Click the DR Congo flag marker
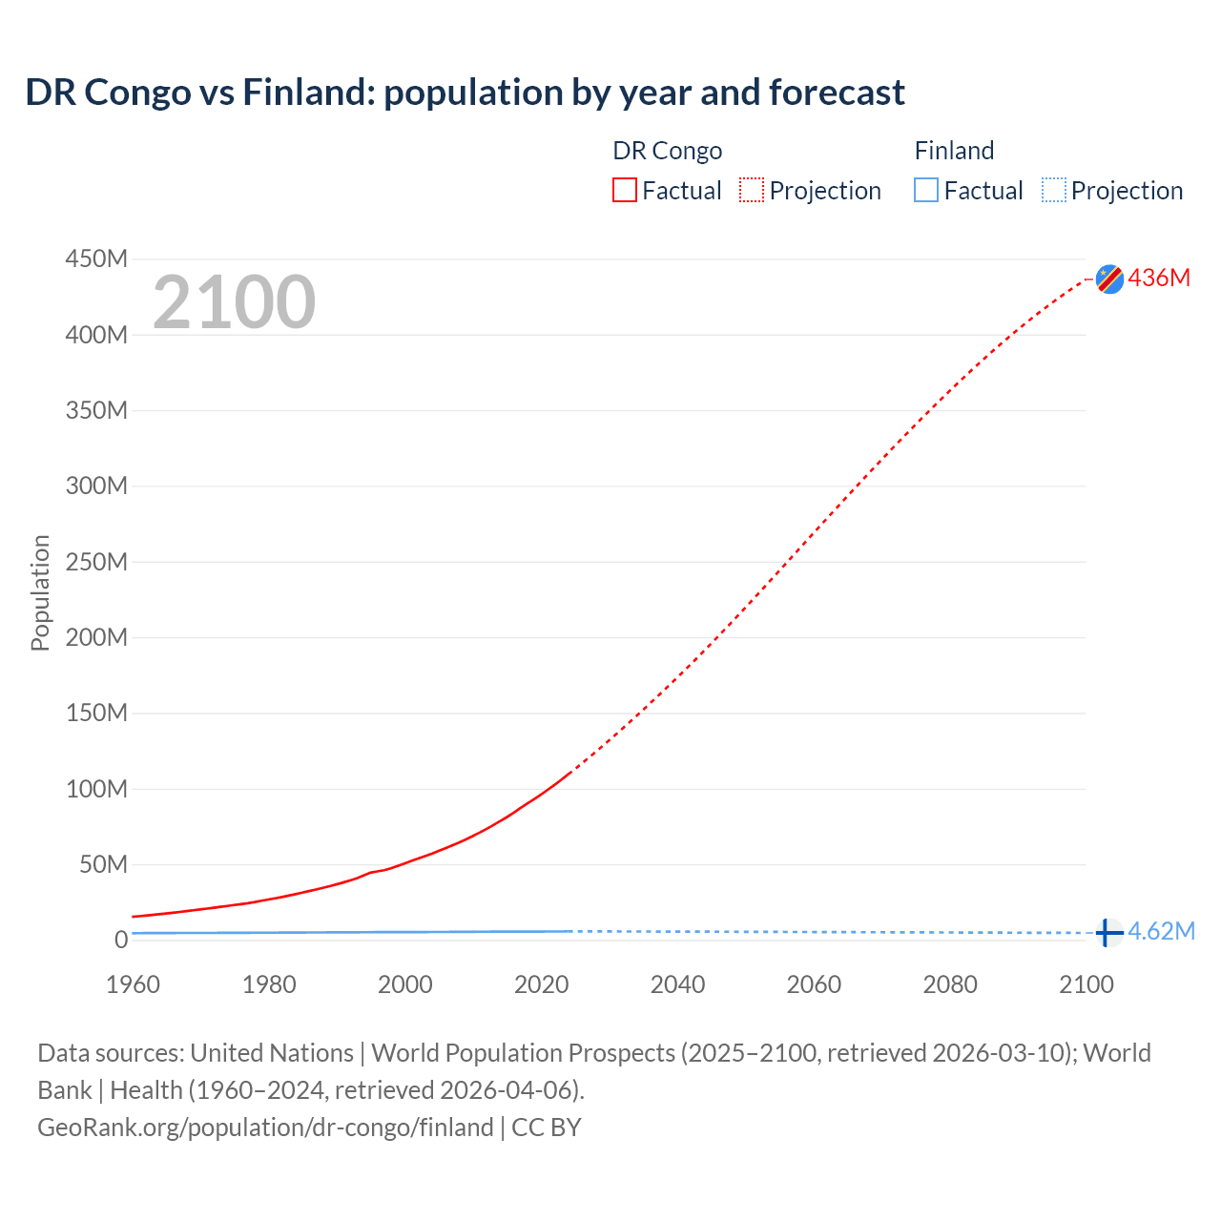pyautogui.click(x=1109, y=279)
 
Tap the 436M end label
pyautogui.click(x=1159, y=278)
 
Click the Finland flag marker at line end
pyautogui.click(x=1107, y=932)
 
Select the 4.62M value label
pyautogui.click(x=1161, y=931)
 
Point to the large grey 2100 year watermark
pyautogui.click(x=234, y=302)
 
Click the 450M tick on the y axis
pyautogui.click(x=96, y=259)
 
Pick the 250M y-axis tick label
pyautogui.click(x=96, y=562)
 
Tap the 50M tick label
pyautogui.click(x=103, y=864)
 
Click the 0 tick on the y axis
pyautogui.click(x=120, y=940)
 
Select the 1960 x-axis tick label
pyautogui.click(x=133, y=984)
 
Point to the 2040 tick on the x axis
pyautogui.click(x=677, y=984)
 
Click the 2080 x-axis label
pyautogui.click(x=950, y=984)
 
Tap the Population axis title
pyautogui.click(x=40, y=592)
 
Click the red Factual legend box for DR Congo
pyautogui.click(x=625, y=190)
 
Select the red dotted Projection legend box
pyautogui.click(x=752, y=190)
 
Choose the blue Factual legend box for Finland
pyautogui.click(x=926, y=190)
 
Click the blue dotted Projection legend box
pyautogui.click(x=1053, y=190)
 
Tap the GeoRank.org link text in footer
pyautogui.click(x=265, y=1127)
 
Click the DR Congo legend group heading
pyautogui.click(x=667, y=151)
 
